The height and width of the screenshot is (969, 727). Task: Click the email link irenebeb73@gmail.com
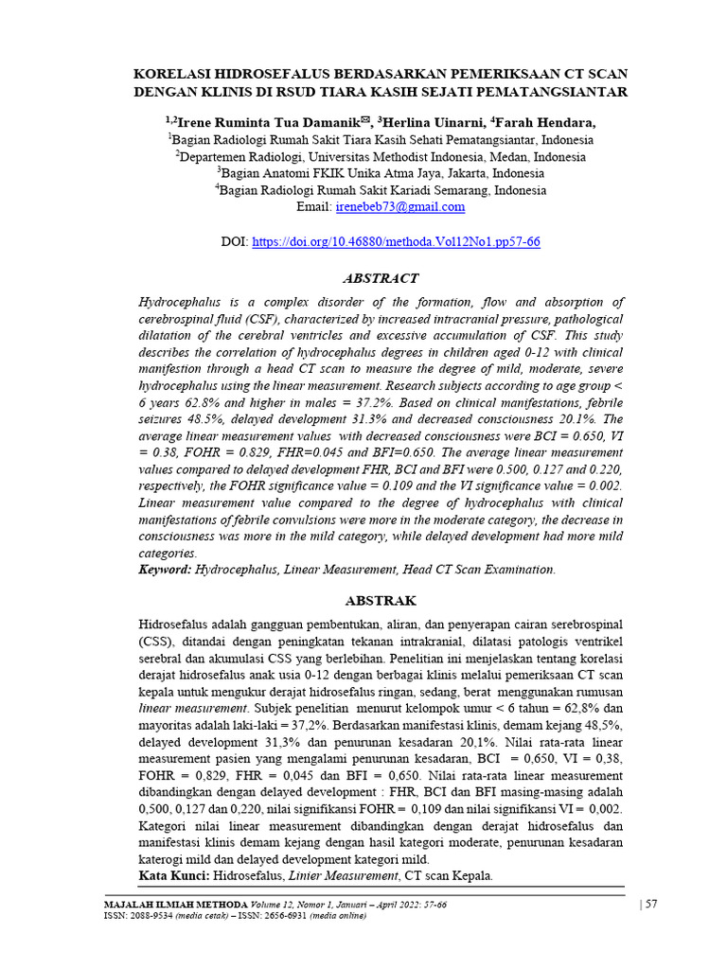399,206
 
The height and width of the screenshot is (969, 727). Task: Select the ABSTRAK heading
381,601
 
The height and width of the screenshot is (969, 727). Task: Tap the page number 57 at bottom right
652,905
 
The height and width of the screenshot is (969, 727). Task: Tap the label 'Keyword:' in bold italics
166,570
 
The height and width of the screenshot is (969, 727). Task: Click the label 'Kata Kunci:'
173,877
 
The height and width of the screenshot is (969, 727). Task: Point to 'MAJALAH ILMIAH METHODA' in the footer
162,905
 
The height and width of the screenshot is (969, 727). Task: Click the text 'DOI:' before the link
234,242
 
